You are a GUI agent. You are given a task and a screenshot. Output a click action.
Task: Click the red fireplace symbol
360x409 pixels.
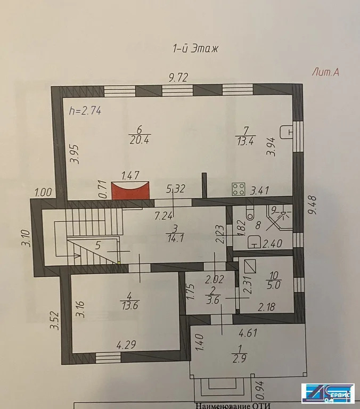tap(130, 190)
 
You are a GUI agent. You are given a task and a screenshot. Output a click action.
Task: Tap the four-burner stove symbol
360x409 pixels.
tap(238, 189)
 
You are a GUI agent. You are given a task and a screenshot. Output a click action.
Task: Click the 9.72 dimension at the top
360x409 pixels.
tap(179, 78)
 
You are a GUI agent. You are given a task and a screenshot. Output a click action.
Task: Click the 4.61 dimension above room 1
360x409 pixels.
tap(248, 334)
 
